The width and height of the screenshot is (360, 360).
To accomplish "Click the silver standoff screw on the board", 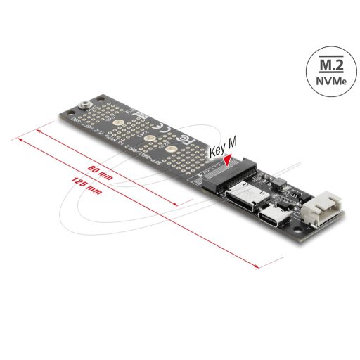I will (84, 105).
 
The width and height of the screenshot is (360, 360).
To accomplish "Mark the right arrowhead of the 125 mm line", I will (260, 266).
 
